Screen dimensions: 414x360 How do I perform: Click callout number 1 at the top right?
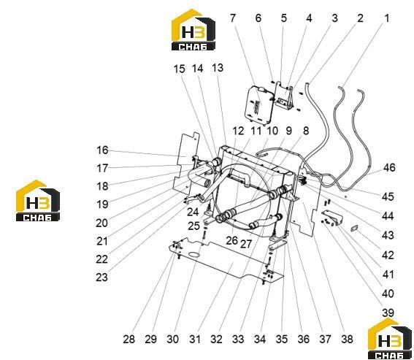386,18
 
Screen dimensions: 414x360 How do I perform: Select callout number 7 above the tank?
232,18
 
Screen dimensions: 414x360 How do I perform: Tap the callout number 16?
102,150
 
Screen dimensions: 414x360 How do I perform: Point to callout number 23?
102,277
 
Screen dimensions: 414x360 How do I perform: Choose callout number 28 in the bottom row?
129,339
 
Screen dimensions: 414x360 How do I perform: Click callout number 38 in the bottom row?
347,339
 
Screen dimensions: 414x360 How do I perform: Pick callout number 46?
389,167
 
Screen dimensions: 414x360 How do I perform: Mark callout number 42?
388,255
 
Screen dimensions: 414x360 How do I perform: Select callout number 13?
218,68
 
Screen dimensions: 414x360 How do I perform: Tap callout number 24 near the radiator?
193,212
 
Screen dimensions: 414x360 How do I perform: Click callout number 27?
246,244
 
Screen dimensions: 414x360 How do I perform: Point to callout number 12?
238,131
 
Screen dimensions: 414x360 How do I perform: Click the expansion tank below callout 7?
258,104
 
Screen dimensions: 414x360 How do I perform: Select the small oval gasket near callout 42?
354,229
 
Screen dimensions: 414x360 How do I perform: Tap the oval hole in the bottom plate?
195,255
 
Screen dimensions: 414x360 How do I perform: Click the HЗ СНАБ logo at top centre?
193,30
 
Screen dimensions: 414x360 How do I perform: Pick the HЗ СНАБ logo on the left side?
38,201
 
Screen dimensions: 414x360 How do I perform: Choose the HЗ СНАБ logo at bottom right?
390,339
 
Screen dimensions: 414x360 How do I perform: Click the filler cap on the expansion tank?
261,89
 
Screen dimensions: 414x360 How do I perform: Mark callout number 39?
388,313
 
